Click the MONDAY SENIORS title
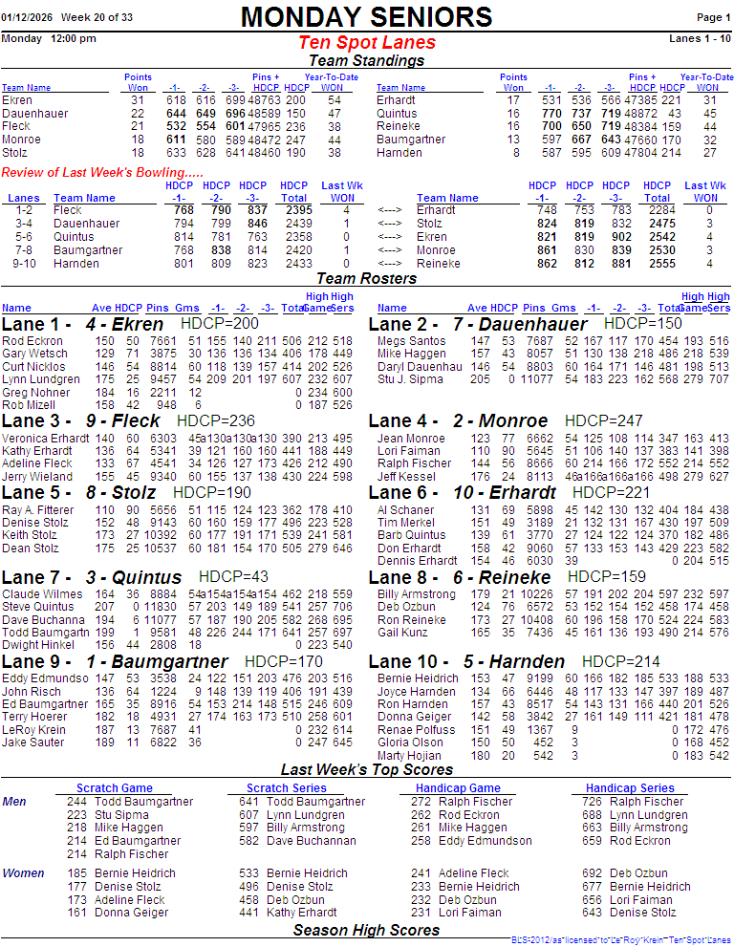366,17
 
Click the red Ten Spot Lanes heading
366,43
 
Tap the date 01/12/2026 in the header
27,18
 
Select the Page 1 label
713,18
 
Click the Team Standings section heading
366,61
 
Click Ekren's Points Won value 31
138,100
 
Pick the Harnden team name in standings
399,153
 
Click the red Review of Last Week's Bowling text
102,172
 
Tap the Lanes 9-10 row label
24,264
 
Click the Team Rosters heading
366,279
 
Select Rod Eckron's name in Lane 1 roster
32,341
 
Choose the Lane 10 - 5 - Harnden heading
466,662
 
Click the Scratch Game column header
115,788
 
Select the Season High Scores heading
366,930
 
